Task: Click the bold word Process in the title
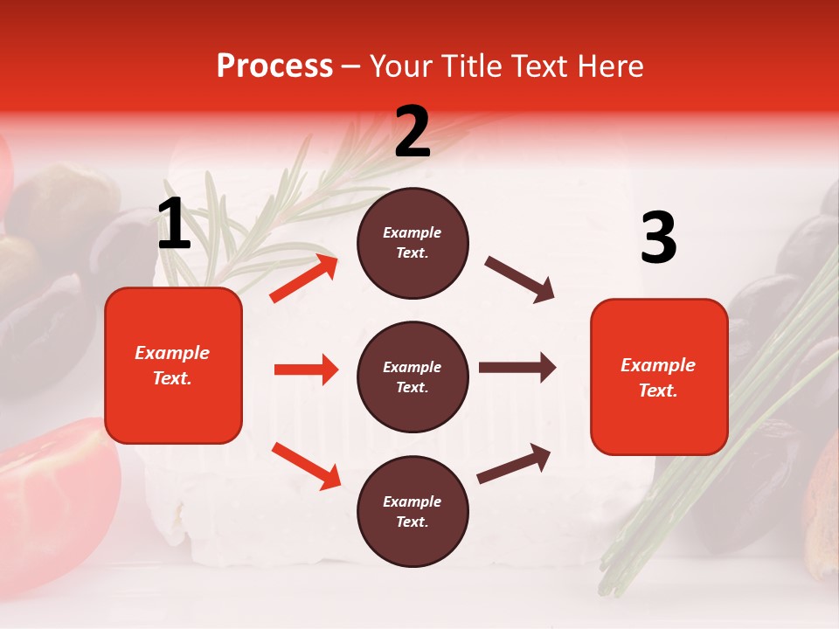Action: (x=274, y=66)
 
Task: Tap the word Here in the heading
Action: (x=608, y=66)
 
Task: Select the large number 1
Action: (x=174, y=225)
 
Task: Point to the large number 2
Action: (x=413, y=132)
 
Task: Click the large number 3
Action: (x=658, y=238)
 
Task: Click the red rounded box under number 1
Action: (x=173, y=365)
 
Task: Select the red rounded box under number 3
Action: (x=659, y=377)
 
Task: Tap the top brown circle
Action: (x=413, y=243)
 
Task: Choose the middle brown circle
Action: (x=413, y=377)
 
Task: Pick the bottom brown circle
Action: (x=413, y=511)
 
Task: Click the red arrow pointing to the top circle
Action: (x=304, y=279)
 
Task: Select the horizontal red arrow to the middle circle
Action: (x=306, y=370)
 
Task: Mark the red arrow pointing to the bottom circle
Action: (x=306, y=465)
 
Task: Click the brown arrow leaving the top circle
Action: (x=520, y=280)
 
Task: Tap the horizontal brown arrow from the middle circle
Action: (x=517, y=368)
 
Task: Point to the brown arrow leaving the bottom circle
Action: (x=515, y=463)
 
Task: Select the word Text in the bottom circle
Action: (x=413, y=522)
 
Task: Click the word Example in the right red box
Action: (x=658, y=365)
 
